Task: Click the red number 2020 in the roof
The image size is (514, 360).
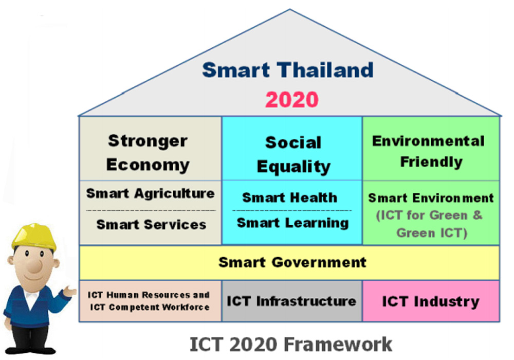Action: click(x=292, y=100)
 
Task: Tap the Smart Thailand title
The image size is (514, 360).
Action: click(x=288, y=70)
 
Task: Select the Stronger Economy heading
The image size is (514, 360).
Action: click(x=148, y=153)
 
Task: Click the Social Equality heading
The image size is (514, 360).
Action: click(x=293, y=155)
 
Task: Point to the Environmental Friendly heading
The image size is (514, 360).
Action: click(x=429, y=152)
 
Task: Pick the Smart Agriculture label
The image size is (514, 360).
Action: click(x=151, y=193)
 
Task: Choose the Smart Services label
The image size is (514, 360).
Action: click(x=151, y=225)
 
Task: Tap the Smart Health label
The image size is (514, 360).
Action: click(x=290, y=197)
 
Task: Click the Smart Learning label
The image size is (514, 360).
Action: click(x=293, y=223)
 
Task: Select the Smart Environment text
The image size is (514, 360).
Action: click(x=431, y=198)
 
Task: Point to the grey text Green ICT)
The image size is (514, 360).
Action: click(x=432, y=233)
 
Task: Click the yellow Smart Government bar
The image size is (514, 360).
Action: click(x=289, y=263)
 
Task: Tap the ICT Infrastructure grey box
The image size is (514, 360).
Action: click(x=292, y=301)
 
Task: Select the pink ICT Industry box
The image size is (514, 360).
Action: click(x=431, y=301)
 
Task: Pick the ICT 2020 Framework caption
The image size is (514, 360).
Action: click(x=291, y=344)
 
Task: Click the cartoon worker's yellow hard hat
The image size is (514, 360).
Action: click(x=34, y=236)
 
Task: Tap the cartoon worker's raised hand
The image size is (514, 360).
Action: click(x=69, y=291)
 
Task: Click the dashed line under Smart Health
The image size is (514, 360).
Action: click(x=292, y=210)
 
